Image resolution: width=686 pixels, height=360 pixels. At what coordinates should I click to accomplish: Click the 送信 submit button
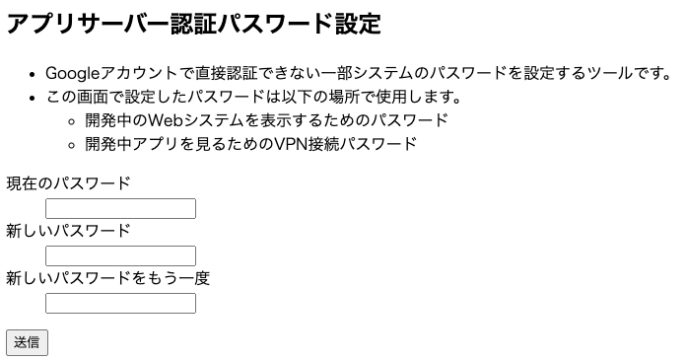(27, 342)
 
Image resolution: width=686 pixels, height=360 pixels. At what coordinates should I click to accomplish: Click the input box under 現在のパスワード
(120, 208)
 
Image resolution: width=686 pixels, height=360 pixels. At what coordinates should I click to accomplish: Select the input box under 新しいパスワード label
(120, 255)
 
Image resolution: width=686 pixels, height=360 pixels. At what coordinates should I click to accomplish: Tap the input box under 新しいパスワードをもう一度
(120, 303)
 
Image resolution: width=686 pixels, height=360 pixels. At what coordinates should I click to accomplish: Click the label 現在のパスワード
(68, 183)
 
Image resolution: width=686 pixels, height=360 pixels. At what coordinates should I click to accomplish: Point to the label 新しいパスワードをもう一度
(108, 278)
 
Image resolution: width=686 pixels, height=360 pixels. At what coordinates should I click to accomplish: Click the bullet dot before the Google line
(34, 74)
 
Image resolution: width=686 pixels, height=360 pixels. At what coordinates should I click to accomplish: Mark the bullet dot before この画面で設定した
(34, 98)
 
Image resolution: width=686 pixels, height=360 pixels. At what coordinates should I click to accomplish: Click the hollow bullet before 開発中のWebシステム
(72, 121)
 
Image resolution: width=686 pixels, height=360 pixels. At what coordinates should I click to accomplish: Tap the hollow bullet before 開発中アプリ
(72, 145)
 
